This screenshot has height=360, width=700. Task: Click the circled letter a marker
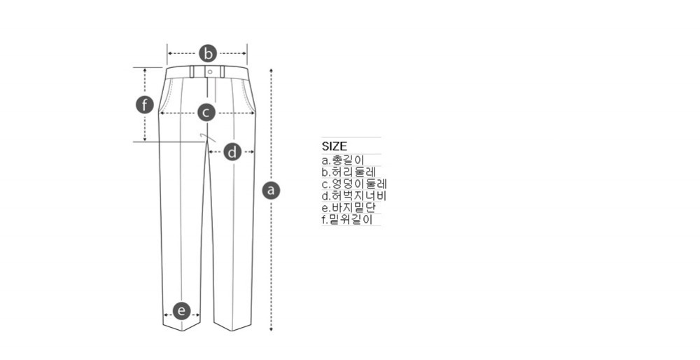271,191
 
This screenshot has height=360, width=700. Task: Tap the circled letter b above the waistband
208,53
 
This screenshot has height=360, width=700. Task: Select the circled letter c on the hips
206,113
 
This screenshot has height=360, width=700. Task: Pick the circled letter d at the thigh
232,152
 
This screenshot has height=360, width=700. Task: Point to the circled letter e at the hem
181,311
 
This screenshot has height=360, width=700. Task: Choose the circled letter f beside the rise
145,106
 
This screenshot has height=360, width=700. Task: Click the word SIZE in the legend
335,146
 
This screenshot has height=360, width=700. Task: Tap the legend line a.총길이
343,160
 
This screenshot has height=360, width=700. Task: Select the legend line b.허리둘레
349,172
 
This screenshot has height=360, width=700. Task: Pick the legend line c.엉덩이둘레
354,184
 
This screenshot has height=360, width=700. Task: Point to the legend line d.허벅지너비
354,195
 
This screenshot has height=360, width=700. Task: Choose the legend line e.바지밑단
349,208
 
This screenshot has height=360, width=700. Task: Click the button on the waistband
210,72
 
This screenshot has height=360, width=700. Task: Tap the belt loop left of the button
192,72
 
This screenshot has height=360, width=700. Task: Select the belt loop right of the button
223,72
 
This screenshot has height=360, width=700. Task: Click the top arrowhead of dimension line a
271,70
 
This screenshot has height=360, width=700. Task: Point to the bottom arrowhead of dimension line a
271,329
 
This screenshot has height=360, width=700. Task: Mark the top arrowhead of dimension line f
145,70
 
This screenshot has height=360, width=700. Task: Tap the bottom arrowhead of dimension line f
145,139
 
